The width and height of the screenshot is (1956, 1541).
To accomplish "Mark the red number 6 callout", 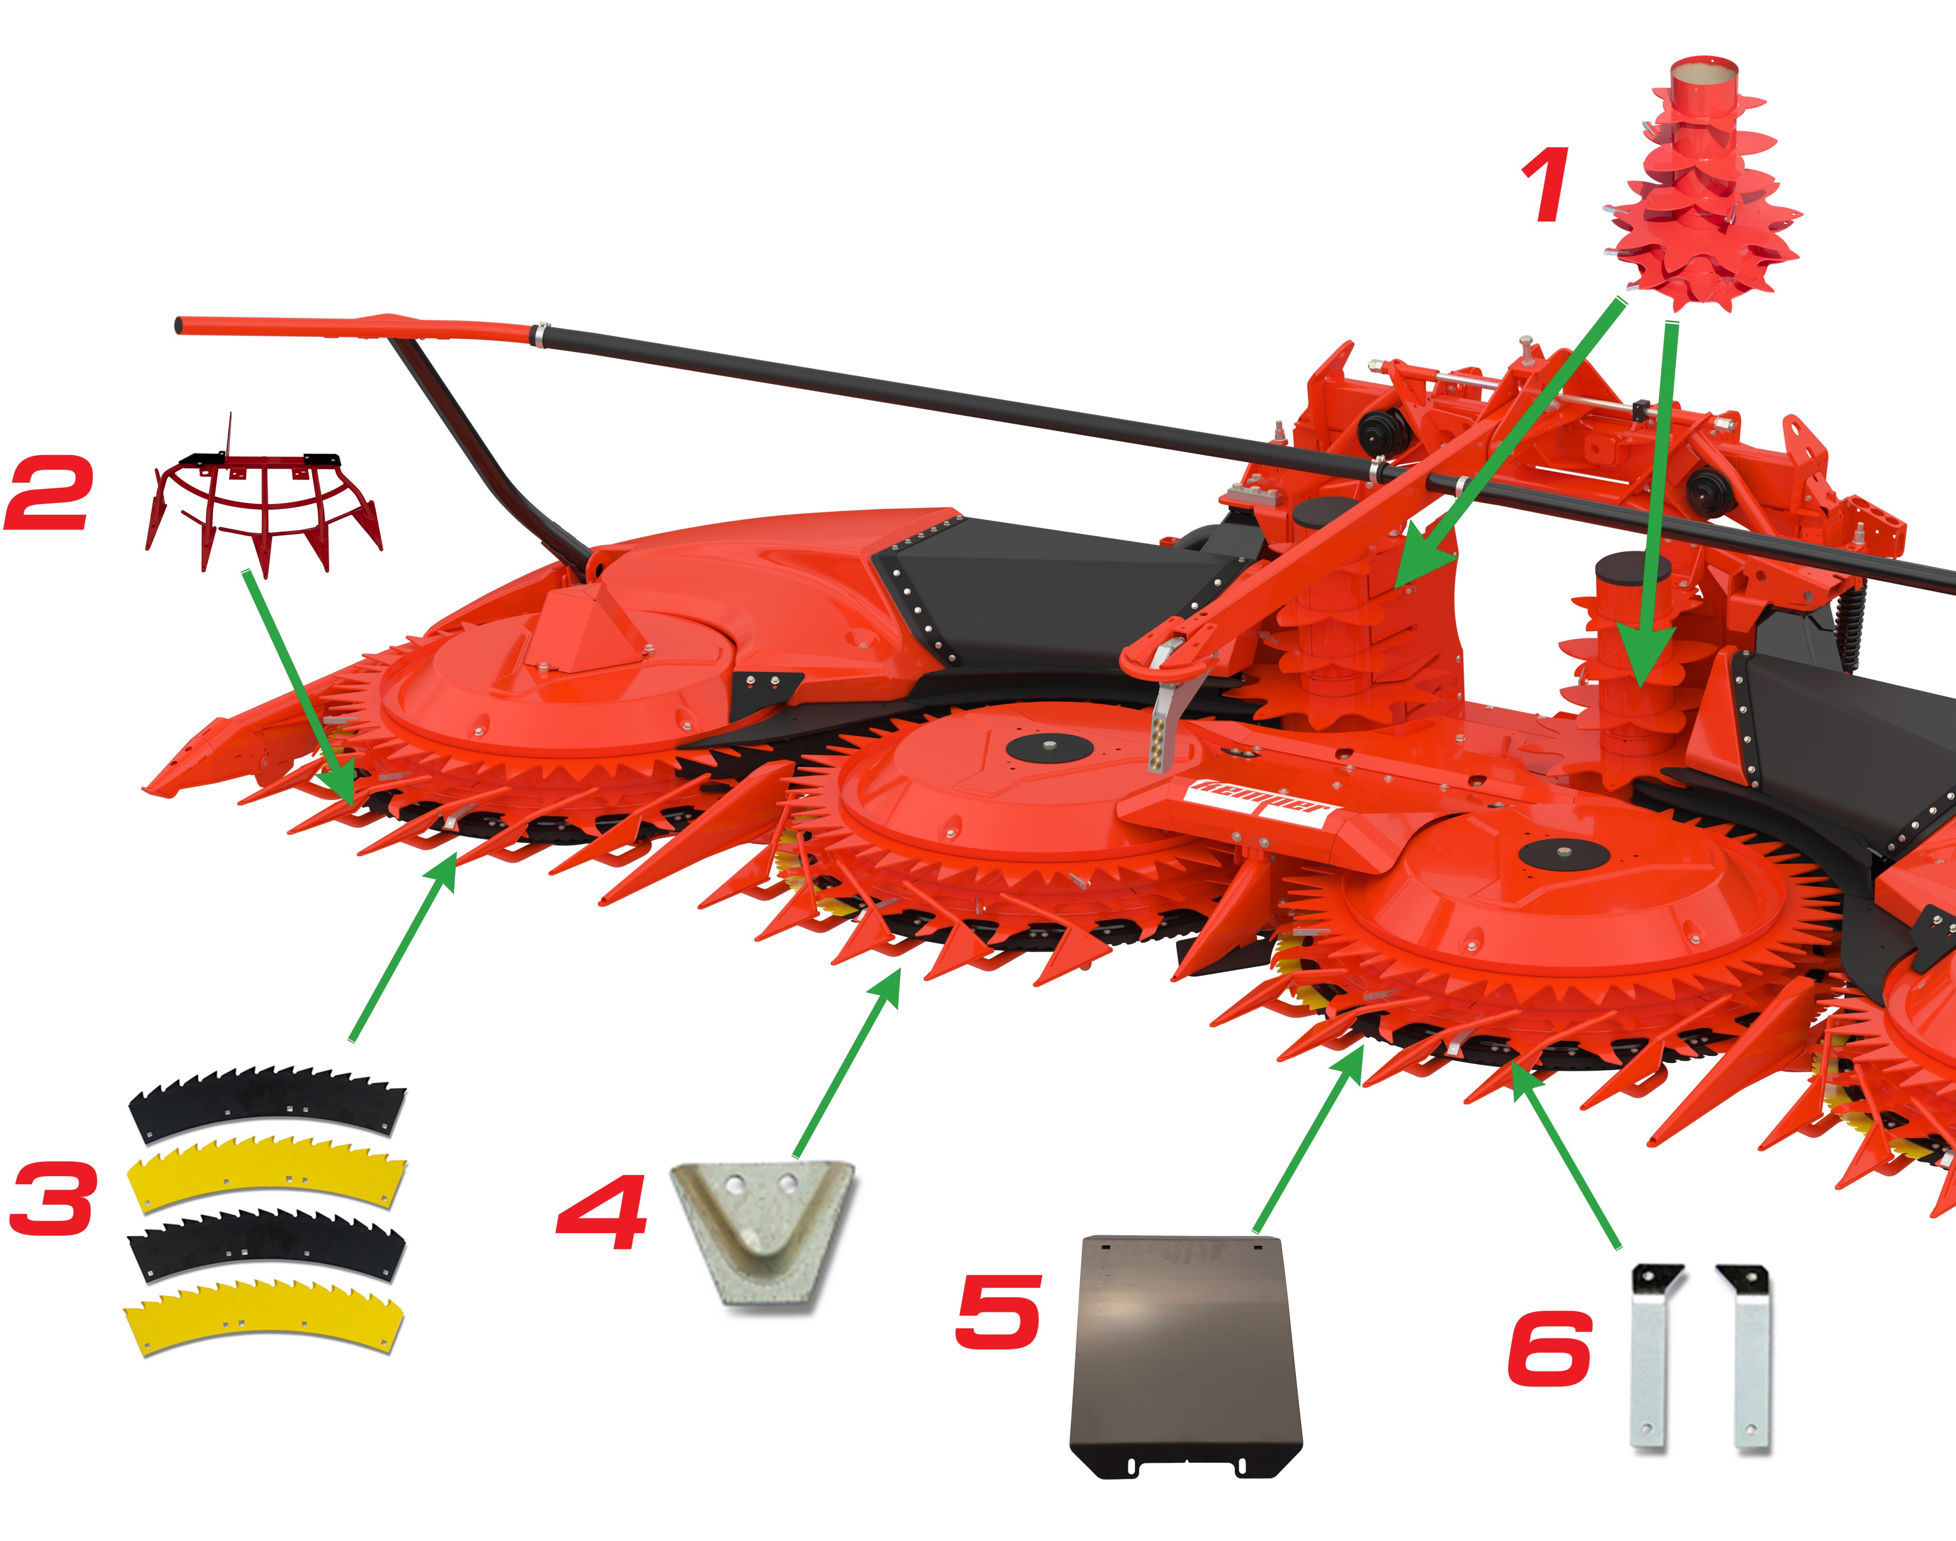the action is pyautogui.click(x=1549, y=1348).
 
